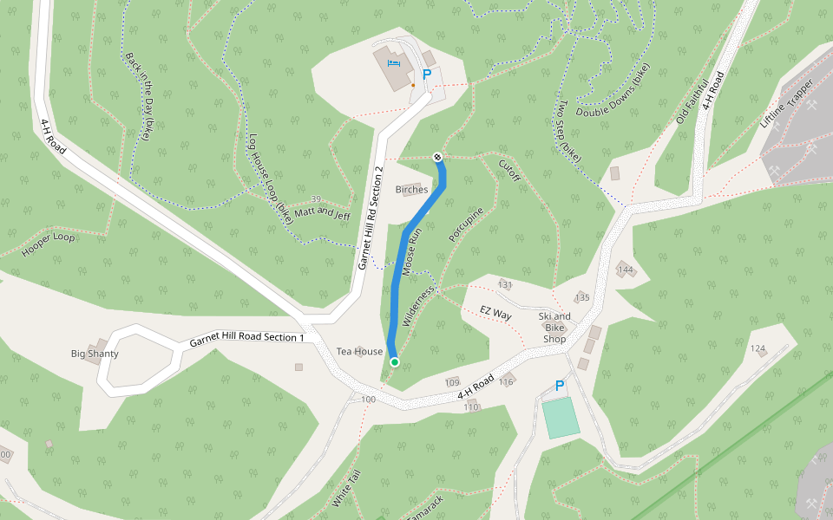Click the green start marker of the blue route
coord(395,361)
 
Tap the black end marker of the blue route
coord(437,157)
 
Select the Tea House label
coord(359,351)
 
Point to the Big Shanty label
coord(95,354)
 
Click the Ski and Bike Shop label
coord(554,328)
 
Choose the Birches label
coord(411,189)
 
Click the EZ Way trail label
coord(496,313)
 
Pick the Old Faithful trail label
coord(692,101)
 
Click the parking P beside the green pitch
coord(559,386)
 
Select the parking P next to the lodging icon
coord(426,75)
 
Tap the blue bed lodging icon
coord(394,63)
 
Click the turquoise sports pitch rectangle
coord(560,418)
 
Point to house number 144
coord(626,270)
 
